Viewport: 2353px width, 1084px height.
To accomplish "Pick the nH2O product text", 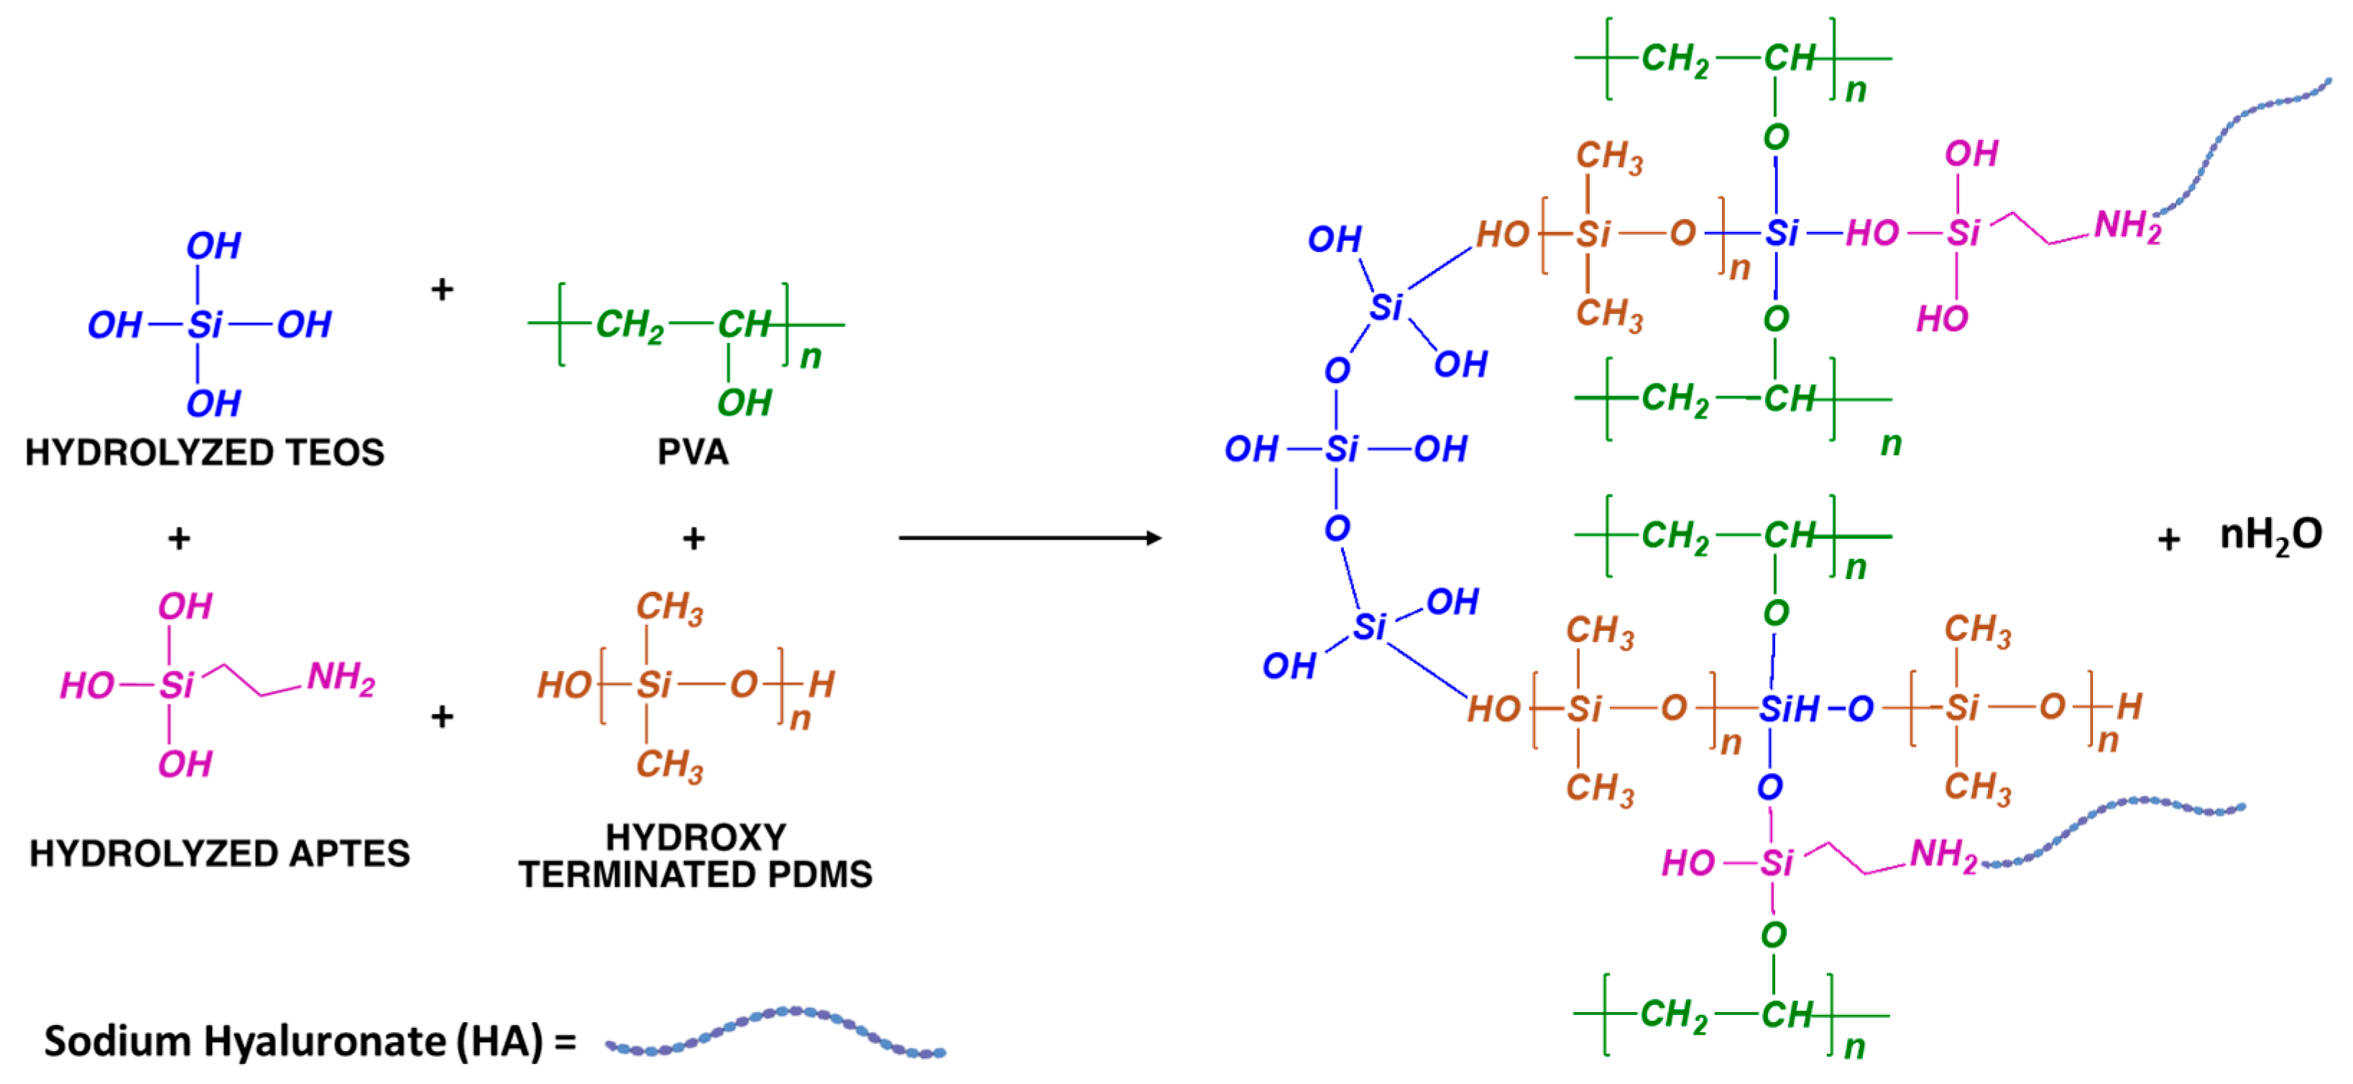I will coord(2270,535).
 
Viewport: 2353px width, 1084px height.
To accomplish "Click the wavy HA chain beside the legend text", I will coord(775,1033).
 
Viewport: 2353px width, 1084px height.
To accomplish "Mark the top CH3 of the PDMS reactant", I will coord(670,607).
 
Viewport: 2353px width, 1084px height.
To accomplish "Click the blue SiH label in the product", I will coord(1789,709).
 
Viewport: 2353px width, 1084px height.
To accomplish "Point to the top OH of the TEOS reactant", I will coord(213,246).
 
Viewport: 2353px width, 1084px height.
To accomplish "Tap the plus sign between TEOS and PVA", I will coord(442,289).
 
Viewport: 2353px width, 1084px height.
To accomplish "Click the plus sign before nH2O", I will coord(2168,539).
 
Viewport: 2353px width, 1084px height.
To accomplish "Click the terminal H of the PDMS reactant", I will coord(821,684).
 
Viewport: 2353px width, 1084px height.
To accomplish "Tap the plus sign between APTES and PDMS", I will coord(442,717).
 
